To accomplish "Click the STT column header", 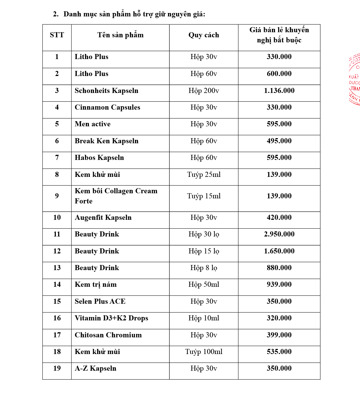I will click(x=57, y=35).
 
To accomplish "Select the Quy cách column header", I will click(x=204, y=35).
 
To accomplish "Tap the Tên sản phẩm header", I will click(x=120, y=35).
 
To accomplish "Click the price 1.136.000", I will click(x=279, y=91).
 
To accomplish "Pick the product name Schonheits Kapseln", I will click(x=106, y=91).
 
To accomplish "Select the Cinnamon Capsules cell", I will click(x=107, y=107).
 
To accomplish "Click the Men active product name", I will click(x=93, y=124).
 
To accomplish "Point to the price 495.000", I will click(x=279, y=141).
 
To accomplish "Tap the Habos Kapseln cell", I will click(x=99, y=158).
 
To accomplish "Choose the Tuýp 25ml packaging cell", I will click(x=204, y=175).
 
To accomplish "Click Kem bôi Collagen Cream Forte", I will click(x=116, y=196).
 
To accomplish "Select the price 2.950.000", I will click(x=279, y=234).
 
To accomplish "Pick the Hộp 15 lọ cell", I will click(x=204, y=251).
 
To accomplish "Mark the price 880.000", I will click(x=279, y=268).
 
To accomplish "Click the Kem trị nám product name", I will click(x=95, y=285).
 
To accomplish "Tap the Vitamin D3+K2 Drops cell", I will click(x=111, y=318).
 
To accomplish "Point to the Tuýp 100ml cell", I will click(x=204, y=352).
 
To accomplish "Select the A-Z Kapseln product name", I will click(x=95, y=368).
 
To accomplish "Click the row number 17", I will click(x=57, y=335).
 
